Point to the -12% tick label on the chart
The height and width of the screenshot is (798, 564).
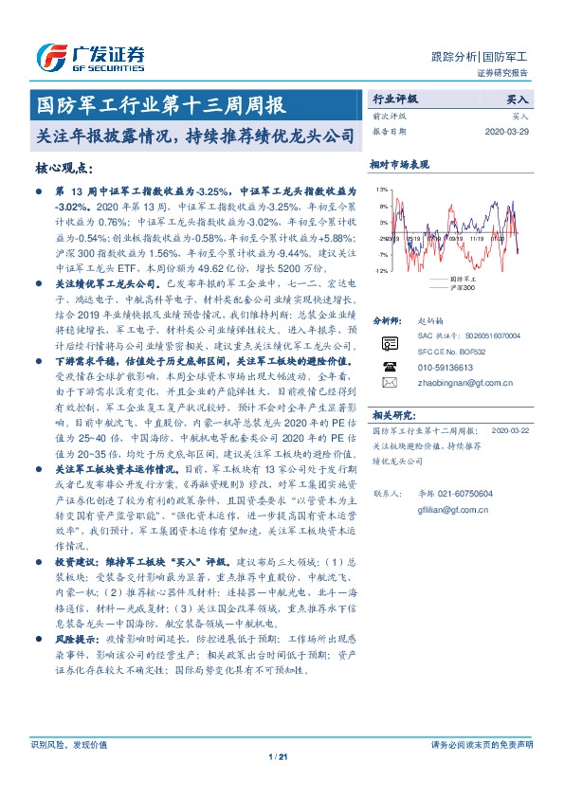pos(379,271)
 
